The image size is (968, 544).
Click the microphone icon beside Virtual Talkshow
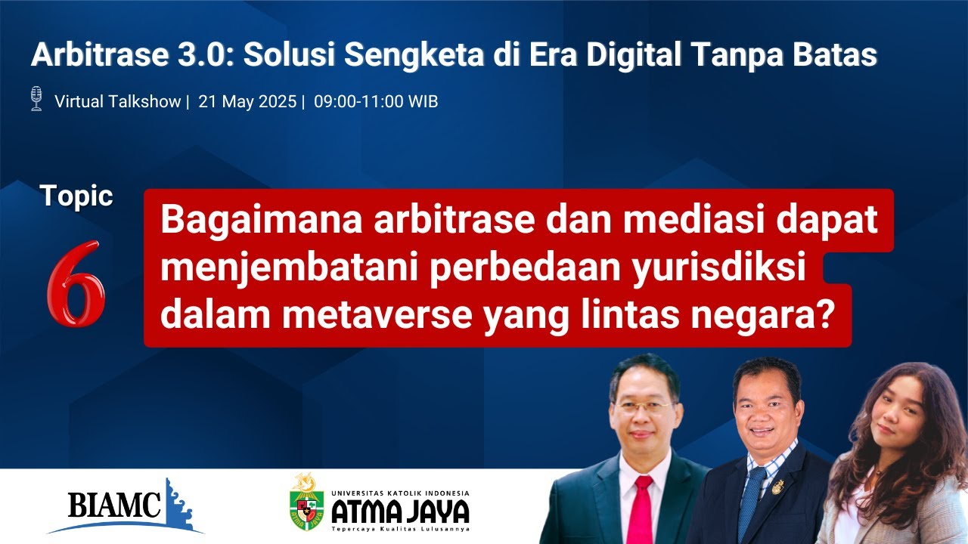click(36, 99)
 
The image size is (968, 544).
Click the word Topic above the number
click(76, 196)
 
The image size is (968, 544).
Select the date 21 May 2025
click(247, 101)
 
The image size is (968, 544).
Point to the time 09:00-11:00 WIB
click(376, 101)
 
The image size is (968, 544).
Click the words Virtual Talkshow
click(117, 101)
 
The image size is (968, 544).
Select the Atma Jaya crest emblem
click(306, 503)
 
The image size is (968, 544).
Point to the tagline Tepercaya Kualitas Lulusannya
click(401, 529)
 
